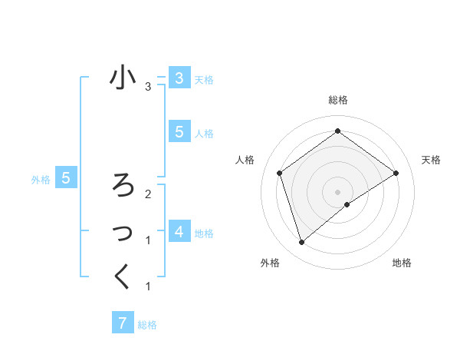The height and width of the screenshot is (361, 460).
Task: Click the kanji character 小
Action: tap(123, 79)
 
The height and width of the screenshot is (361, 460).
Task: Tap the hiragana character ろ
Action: tap(123, 185)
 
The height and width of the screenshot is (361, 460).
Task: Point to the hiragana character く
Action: tap(123, 276)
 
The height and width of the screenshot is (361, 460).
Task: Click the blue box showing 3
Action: tap(179, 78)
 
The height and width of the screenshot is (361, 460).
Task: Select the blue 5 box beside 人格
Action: tap(179, 132)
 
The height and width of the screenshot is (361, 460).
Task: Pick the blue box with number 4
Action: tap(179, 231)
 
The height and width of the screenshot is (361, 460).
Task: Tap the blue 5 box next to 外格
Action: tap(66, 179)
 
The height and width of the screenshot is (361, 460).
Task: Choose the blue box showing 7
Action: tap(122, 323)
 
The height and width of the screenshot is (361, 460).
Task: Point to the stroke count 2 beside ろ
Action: tap(148, 194)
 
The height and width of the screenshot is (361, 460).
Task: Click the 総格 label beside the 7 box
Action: tap(147, 325)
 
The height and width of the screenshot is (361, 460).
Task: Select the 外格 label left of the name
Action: tap(41, 180)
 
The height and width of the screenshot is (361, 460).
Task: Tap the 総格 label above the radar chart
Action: tap(337, 100)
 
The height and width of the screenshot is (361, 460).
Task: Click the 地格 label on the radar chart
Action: tap(402, 263)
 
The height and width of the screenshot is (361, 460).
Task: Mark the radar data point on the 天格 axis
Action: tap(396, 173)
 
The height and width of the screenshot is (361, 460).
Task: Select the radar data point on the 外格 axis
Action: tap(302, 243)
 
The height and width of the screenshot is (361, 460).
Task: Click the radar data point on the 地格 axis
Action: tap(347, 204)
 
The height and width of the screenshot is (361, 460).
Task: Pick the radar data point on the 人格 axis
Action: tap(280, 173)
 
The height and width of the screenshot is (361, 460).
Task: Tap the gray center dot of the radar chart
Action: tap(337, 191)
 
